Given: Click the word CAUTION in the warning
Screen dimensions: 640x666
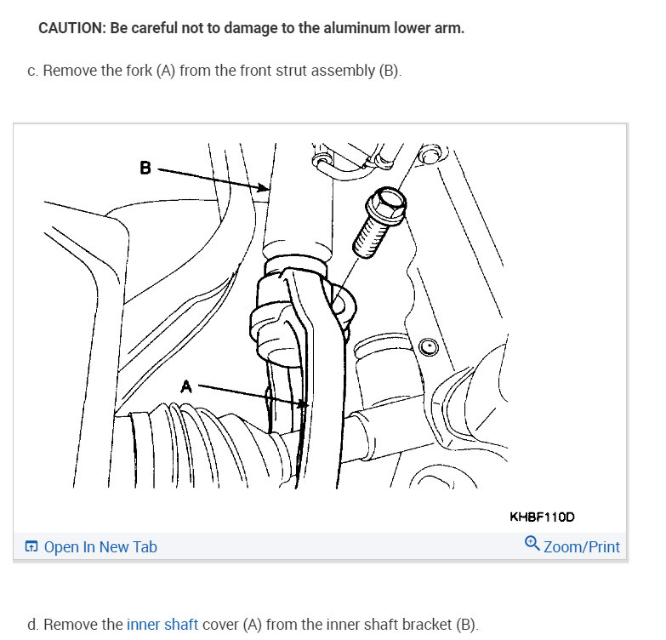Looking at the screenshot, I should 71,28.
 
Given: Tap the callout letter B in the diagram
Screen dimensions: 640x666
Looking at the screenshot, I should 145,168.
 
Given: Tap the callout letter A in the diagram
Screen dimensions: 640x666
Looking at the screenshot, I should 186,386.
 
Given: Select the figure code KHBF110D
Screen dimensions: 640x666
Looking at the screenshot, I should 543,516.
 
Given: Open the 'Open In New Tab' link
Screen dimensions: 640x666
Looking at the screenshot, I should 100,547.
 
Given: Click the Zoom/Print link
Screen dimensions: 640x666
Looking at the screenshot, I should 581,547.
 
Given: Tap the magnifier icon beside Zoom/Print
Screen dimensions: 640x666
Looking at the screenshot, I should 532,542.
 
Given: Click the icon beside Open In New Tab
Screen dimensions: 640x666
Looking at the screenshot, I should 31,547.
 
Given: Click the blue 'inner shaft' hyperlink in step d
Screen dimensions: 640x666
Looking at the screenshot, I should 162,625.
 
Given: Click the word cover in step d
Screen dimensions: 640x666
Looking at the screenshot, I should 221,625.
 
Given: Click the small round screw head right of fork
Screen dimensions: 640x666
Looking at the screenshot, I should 429,346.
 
